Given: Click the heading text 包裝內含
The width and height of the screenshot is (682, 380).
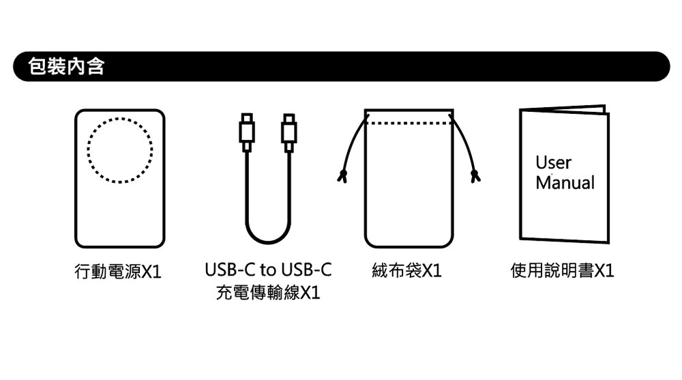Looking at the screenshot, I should [65, 67].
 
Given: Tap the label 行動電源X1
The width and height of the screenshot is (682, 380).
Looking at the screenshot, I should [117, 272].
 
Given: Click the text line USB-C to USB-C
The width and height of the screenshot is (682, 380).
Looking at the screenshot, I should [267, 270].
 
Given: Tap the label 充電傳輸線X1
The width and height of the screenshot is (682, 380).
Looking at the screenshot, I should [267, 293].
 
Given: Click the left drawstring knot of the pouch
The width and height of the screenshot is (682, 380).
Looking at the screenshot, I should [343, 178].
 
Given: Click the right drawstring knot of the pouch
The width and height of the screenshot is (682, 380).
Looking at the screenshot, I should [475, 178].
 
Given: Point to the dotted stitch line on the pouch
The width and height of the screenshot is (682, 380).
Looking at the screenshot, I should [409, 123].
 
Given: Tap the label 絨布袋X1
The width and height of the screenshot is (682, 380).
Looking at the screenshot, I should [407, 272].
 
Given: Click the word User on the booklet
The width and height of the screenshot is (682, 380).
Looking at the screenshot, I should [553, 163].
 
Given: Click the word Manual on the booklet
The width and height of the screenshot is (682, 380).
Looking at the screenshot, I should [565, 183].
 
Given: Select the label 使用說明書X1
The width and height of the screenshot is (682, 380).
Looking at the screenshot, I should [562, 272].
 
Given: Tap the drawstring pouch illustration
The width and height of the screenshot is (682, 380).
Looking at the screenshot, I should [409, 191].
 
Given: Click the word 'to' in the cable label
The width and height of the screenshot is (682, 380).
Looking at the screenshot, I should [267, 270].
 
